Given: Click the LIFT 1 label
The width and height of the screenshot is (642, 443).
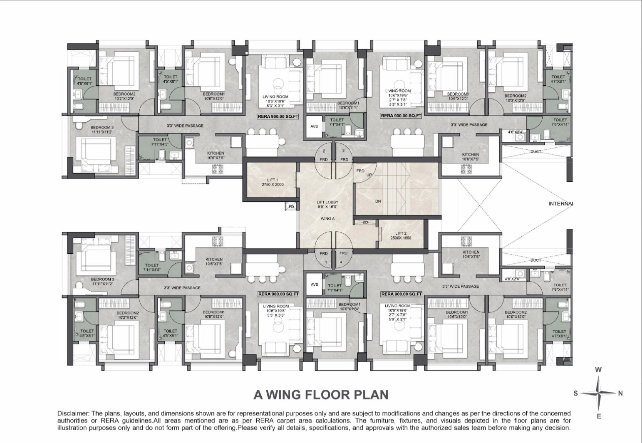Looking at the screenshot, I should point(273,180).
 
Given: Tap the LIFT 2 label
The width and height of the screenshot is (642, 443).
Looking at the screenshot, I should point(401,233).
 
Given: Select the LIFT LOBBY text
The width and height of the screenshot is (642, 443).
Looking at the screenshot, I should point(327,202).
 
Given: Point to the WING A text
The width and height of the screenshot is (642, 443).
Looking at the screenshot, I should point(327,218).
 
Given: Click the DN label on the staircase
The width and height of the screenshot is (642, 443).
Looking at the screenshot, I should point(378,201).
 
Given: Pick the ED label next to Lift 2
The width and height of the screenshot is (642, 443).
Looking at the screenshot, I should point(365,223).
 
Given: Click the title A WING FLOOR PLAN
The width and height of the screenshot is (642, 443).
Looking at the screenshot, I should point(321,394).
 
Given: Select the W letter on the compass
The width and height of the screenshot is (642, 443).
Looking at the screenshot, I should point(598,369).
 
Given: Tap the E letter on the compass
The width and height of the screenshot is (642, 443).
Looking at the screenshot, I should point(598,416).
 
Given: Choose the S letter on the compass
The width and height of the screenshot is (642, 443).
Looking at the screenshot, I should point(575,393).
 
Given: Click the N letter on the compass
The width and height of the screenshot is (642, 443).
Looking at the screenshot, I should point(620,393).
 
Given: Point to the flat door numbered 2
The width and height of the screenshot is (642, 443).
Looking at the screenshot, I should point(324,151).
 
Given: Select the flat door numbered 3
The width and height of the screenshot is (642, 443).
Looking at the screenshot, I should point(343,151).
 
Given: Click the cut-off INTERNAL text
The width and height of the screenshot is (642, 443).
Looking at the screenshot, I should point(560,204).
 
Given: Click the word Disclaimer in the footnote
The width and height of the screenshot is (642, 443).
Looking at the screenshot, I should point(72,413).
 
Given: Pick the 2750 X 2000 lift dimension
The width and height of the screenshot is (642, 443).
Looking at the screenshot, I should point(273,184).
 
